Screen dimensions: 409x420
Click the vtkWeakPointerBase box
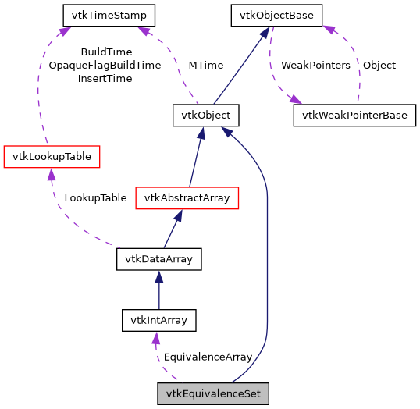354,116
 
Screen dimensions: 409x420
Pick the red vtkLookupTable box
52,157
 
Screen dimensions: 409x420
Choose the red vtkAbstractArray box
186,198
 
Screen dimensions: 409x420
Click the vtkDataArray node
159,259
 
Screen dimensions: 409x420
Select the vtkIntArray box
159,320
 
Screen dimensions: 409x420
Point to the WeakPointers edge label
315,66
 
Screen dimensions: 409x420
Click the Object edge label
379,66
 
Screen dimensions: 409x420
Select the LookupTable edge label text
95,198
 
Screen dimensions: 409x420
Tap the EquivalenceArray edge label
207,357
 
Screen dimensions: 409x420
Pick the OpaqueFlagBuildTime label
105,66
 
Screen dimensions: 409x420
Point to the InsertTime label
105,79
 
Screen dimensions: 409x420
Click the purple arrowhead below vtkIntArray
156,337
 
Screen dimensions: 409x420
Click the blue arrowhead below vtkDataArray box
159,276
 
